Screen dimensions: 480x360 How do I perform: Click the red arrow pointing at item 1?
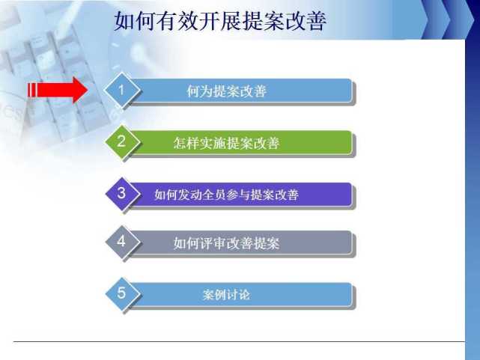click(58, 90)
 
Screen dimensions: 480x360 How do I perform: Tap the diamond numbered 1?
click(122, 90)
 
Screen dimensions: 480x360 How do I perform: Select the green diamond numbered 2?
click(122, 141)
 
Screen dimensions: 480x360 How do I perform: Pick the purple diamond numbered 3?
click(122, 193)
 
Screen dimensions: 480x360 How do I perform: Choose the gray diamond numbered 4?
click(122, 242)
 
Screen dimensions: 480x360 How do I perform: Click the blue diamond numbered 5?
click(122, 293)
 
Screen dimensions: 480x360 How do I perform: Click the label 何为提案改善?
click(227, 91)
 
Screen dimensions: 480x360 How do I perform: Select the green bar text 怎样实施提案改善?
click(226, 143)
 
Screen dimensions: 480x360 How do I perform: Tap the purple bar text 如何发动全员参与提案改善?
click(226, 195)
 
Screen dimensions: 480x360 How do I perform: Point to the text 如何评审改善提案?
click(226, 243)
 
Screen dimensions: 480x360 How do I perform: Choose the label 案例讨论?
click(226, 295)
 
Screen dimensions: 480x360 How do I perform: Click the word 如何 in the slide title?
click(135, 21)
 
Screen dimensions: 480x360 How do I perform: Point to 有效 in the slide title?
click(177, 21)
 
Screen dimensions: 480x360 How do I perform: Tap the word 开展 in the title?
click(220, 21)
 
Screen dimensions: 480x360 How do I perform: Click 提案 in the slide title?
click(263, 21)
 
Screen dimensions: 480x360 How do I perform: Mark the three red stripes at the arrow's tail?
click(32, 90)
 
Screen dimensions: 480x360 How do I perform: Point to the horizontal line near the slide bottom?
click(239, 341)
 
